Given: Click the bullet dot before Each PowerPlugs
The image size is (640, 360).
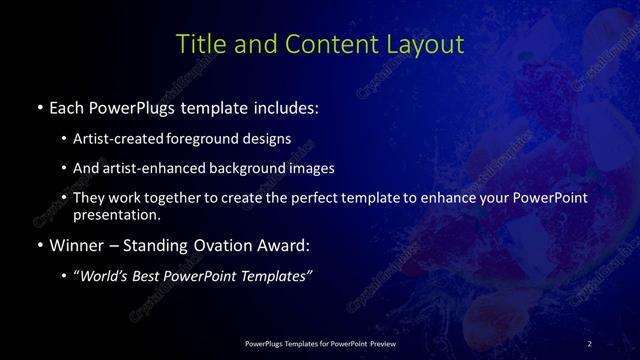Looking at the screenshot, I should [x=38, y=105].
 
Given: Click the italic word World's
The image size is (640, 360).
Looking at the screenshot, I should [x=105, y=276].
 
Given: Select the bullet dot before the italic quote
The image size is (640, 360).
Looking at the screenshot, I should [x=65, y=276].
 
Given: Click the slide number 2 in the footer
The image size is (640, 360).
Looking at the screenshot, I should [x=589, y=344].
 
